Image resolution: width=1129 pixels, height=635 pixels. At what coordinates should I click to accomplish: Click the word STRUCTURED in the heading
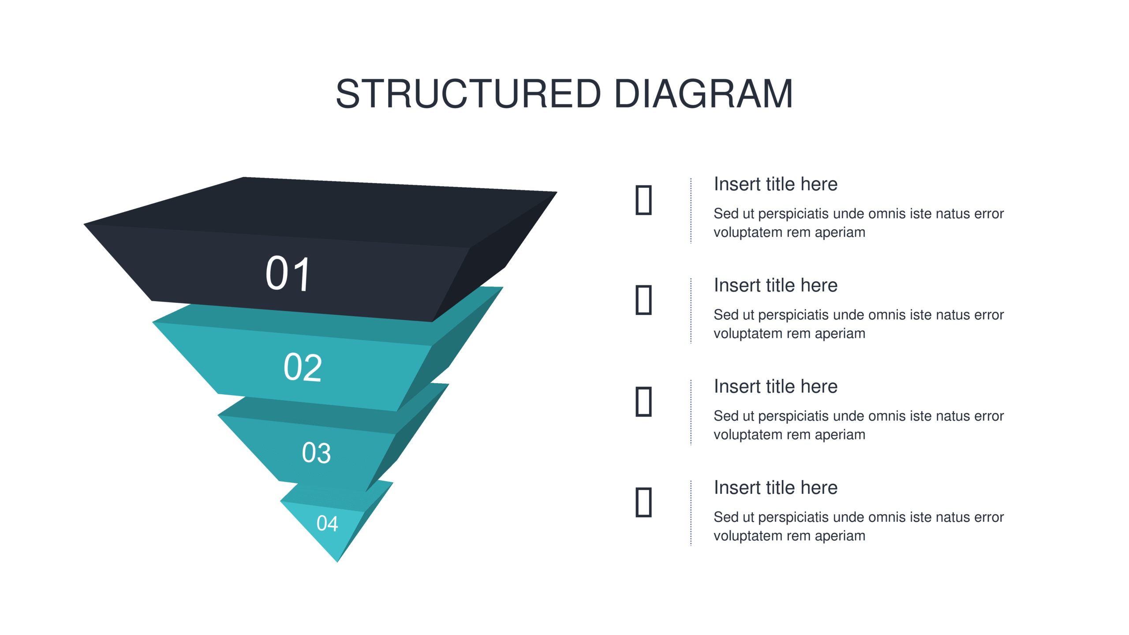(468, 93)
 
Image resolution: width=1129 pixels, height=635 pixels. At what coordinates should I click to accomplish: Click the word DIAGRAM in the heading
(704, 93)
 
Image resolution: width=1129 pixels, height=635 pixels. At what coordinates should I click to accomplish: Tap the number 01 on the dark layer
(288, 274)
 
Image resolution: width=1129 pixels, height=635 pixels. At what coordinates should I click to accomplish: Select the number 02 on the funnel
(303, 367)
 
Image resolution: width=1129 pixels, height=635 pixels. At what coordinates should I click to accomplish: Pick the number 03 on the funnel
(316, 452)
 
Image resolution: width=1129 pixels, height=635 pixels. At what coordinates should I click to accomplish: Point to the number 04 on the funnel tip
(327, 523)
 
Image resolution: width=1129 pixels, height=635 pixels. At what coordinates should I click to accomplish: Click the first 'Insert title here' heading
(776, 184)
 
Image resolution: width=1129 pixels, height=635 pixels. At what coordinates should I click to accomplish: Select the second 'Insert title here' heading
(776, 285)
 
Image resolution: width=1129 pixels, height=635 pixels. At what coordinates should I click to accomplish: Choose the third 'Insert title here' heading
(776, 386)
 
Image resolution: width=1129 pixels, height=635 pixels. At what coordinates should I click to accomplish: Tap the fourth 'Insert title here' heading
(776, 488)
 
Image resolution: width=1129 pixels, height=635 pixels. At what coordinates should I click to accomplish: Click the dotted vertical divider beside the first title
(691, 210)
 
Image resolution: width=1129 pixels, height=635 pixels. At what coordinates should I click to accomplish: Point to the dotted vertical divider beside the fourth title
(691, 513)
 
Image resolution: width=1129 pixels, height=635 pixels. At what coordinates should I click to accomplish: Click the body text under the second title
(859, 324)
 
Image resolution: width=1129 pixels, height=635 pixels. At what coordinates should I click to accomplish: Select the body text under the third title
(859, 425)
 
